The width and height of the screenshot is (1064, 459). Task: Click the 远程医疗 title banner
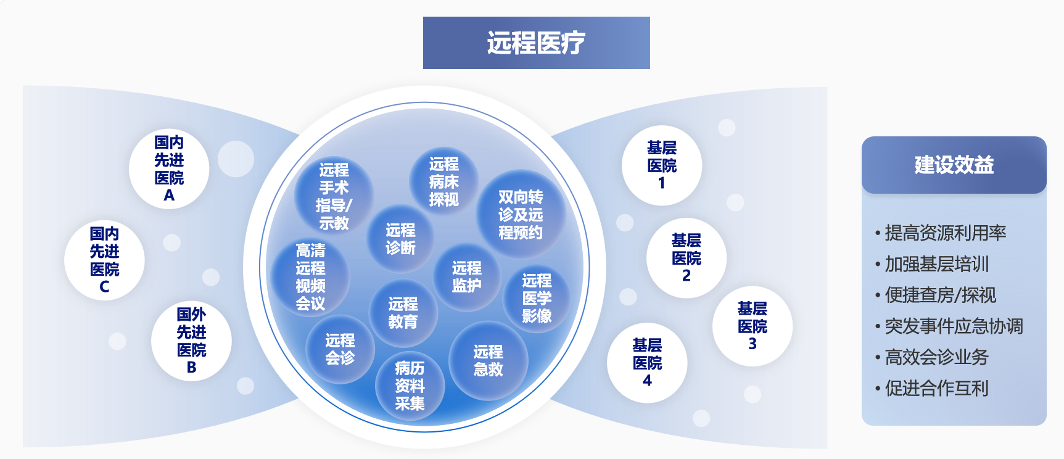(536, 43)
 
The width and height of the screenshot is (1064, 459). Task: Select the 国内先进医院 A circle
(169, 168)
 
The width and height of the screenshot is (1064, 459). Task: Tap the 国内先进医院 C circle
(104, 260)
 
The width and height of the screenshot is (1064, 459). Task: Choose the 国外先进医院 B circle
(191, 341)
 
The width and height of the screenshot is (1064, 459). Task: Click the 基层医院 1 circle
(662, 165)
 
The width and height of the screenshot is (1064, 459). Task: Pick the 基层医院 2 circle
(687, 258)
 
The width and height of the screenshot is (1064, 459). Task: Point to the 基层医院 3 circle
(753, 326)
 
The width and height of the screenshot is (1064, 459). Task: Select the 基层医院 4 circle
(647, 363)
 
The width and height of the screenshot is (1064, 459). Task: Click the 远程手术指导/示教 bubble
(334, 196)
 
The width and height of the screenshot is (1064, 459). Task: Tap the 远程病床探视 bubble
(444, 181)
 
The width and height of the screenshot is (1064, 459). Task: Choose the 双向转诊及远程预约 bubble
(521, 215)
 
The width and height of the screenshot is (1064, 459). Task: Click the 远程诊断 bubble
(400, 239)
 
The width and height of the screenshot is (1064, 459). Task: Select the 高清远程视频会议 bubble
(310, 277)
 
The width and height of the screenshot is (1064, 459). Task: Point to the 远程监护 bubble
(466, 277)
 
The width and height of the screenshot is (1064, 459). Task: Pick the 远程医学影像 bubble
(537, 299)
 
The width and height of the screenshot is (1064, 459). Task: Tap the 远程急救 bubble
(488, 361)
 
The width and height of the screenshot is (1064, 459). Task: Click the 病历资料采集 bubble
(410, 386)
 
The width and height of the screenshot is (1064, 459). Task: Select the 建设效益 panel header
(954, 165)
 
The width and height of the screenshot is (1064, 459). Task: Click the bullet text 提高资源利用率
(946, 233)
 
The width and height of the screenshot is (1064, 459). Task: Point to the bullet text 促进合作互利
(937, 388)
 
